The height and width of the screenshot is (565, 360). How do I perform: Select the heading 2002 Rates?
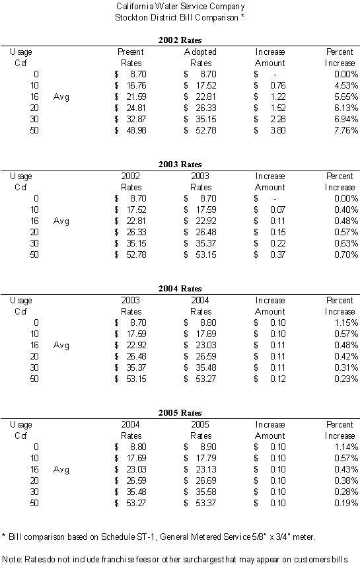(180, 40)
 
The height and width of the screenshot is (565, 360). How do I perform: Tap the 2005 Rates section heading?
(180, 413)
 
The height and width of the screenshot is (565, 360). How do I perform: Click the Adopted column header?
(200, 52)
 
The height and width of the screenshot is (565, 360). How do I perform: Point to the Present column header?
(130, 52)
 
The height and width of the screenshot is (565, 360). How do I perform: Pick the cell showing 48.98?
(136, 130)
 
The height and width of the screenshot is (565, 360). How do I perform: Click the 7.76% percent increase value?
(346, 130)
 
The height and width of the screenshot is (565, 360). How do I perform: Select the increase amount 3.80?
(278, 130)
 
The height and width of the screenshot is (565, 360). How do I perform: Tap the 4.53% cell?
(346, 85)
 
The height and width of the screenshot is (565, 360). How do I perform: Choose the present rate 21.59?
(136, 96)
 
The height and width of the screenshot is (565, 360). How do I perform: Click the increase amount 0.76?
(278, 85)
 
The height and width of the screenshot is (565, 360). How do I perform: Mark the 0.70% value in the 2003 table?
(346, 255)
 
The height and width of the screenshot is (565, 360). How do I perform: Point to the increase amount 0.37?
(278, 255)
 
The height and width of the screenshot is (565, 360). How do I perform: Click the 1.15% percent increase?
(346, 323)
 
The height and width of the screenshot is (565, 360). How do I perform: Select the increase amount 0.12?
(278, 379)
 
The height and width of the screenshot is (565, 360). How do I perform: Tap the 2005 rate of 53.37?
(206, 504)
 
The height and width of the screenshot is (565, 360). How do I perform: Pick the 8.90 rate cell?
(208, 447)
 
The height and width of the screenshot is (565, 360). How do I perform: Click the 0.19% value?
(346, 504)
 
